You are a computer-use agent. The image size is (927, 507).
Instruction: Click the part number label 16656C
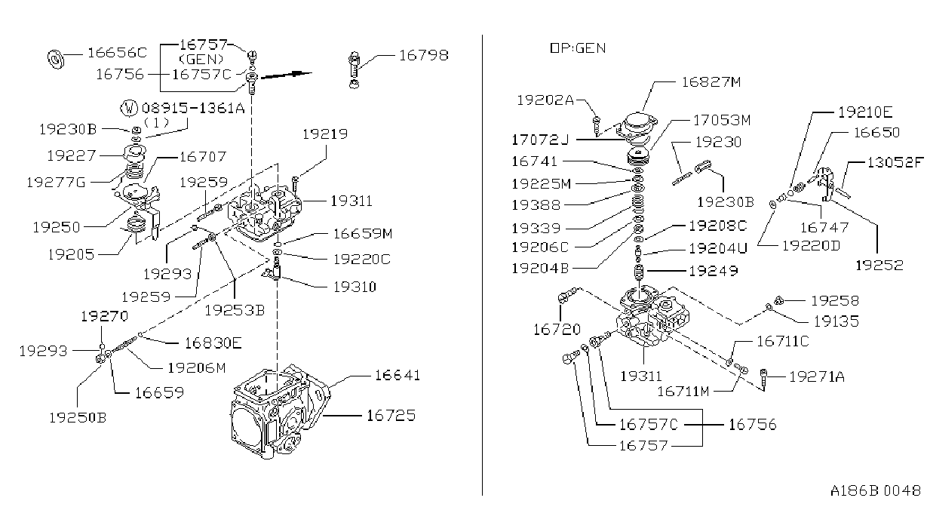(x=118, y=53)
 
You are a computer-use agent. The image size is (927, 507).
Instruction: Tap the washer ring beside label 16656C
(x=56, y=59)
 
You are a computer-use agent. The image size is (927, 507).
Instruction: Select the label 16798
(x=424, y=55)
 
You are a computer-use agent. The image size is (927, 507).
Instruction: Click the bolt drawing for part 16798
(x=354, y=69)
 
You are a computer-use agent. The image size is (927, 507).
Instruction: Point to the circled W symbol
(x=129, y=109)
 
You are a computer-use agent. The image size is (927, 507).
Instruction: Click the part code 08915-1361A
(x=193, y=109)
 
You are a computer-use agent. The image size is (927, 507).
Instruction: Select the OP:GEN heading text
(x=578, y=48)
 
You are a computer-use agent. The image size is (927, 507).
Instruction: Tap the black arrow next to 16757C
(x=287, y=75)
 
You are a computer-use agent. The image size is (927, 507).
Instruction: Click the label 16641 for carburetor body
(x=398, y=376)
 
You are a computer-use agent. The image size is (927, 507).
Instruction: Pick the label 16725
(x=391, y=415)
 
